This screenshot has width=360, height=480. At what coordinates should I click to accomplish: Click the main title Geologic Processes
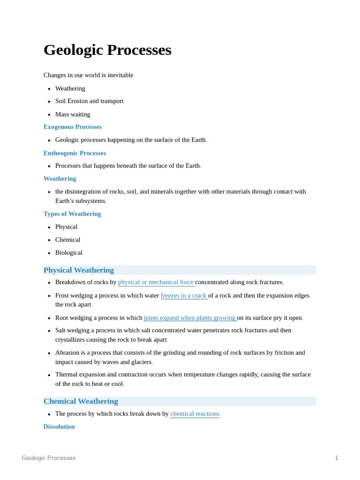[x=107, y=50]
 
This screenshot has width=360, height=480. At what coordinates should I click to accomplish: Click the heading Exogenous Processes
[x=72, y=127]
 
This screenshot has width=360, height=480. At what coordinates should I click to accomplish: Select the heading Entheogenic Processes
[x=75, y=153]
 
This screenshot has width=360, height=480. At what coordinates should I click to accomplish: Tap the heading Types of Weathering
[x=72, y=214]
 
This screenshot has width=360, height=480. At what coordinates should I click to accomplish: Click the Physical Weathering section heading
[x=79, y=270]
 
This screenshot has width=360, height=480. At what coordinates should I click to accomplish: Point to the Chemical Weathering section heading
[x=81, y=401]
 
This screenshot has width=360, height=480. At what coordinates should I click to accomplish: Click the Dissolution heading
[x=59, y=427]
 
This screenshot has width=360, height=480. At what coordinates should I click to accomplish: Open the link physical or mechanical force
[x=156, y=282]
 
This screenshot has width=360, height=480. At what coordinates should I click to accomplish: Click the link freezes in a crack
[x=184, y=295]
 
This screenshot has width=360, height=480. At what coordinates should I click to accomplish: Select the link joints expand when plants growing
[x=190, y=318]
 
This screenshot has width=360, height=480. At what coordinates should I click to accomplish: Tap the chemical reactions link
[x=195, y=414]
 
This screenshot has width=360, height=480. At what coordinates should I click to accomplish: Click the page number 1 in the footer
[x=336, y=458]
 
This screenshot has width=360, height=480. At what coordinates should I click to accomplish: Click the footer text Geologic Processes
[x=49, y=458]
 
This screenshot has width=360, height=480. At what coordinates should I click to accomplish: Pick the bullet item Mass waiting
[x=73, y=114]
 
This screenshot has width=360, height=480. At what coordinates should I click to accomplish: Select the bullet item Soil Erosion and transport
[x=90, y=101]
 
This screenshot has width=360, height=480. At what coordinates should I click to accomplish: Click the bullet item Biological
[x=69, y=253]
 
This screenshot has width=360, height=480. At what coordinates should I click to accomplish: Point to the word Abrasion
[x=67, y=352]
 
